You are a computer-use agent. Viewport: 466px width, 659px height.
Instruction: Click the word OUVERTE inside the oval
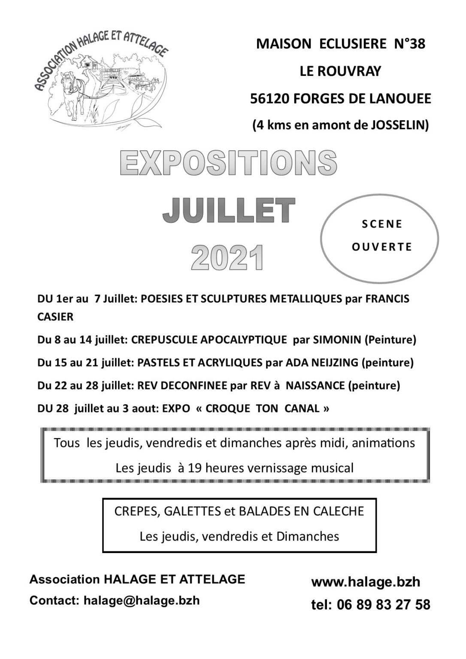click(381, 247)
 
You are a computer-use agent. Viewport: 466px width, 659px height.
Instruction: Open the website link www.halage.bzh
click(366, 582)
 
